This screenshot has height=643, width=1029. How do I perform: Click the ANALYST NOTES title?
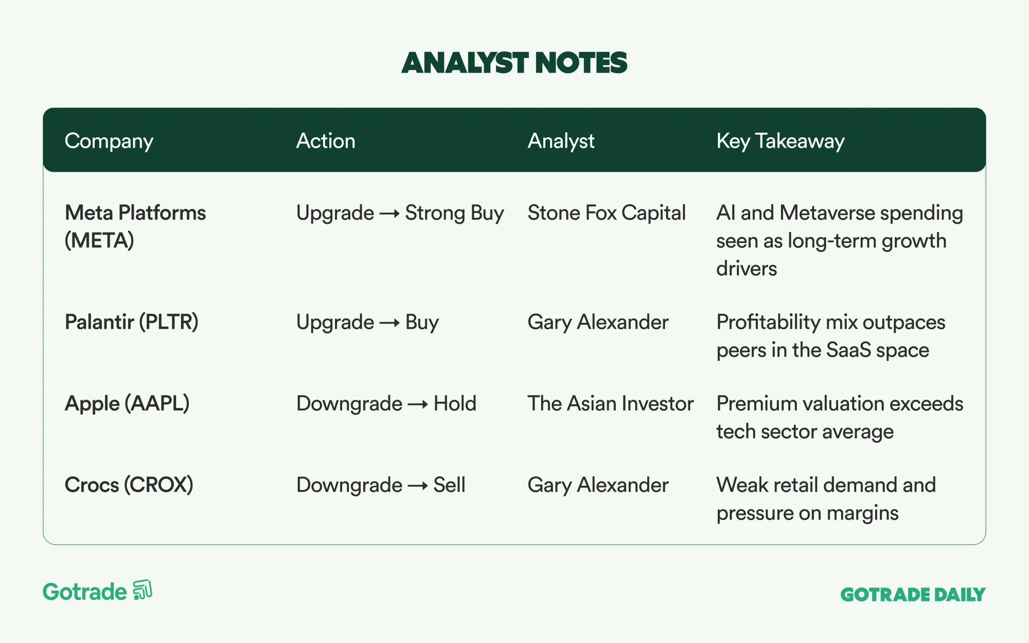[x=514, y=63]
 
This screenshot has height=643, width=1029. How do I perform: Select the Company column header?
[x=109, y=141]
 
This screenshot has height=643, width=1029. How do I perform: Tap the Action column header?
[x=326, y=140]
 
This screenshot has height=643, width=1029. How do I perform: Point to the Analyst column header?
[x=561, y=141]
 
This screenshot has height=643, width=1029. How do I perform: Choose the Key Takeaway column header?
[x=780, y=141]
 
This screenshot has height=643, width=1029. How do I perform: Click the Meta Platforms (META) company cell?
[x=135, y=226]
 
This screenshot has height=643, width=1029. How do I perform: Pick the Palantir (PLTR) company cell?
[x=132, y=322]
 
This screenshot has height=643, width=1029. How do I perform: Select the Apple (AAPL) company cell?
[x=127, y=403]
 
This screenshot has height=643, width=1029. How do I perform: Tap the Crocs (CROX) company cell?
[x=129, y=485]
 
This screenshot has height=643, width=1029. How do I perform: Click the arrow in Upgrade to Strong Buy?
[x=389, y=213]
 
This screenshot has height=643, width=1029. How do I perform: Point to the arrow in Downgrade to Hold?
[x=418, y=404]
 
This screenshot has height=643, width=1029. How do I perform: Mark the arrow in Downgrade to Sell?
[x=418, y=486]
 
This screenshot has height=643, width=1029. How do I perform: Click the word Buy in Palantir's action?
[x=422, y=323]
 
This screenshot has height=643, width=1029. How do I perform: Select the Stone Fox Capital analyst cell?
[x=607, y=213]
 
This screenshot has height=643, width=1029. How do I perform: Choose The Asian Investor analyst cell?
[x=611, y=403]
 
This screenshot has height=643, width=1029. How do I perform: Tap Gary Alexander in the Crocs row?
[x=598, y=485]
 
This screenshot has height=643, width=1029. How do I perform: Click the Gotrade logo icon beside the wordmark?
[x=143, y=591]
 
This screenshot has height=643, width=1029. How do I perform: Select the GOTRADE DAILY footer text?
[x=913, y=595]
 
